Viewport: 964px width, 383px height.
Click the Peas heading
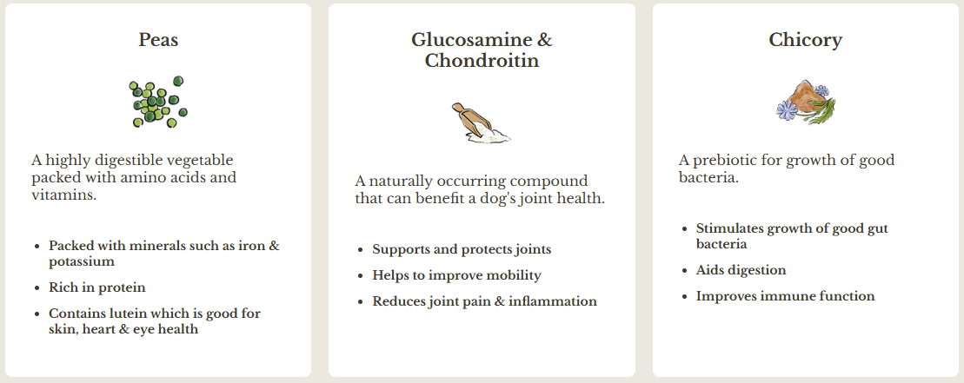(x=158, y=40)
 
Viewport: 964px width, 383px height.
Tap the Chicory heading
(x=805, y=41)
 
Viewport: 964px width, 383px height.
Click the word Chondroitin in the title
(x=482, y=61)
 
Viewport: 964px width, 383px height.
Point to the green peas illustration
(x=158, y=102)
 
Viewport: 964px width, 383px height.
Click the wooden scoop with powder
(x=481, y=123)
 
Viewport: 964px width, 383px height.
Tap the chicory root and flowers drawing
(x=806, y=102)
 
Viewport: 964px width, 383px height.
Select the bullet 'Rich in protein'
(x=97, y=287)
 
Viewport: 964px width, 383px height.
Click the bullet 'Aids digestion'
(x=741, y=270)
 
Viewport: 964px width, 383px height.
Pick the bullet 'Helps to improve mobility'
(x=457, y=275)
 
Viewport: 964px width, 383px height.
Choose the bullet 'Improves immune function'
(x=785, y=296)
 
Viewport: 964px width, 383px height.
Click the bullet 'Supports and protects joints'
(x=462, y=249)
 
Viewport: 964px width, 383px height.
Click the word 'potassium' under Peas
(x=82, y=261)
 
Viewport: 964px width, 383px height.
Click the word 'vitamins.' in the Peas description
(x=64, y=195)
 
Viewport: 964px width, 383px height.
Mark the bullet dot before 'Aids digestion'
(x=685, y=271)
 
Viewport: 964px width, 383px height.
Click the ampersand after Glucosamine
(x=545, y=40)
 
